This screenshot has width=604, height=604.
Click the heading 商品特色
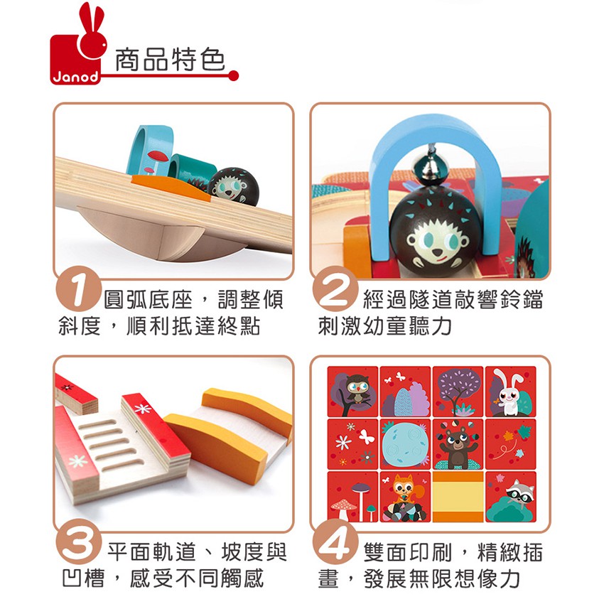coord(170,60)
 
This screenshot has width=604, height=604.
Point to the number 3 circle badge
coord(79,541)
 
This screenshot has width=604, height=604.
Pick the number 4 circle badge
coord(335,541)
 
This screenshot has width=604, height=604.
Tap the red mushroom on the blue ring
coord(157,156)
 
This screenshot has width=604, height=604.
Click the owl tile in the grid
coord(352,392)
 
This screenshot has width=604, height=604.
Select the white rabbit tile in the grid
coord(510,392)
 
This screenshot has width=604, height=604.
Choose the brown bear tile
coord(458,444)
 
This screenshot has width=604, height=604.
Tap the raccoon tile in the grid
coord(510,497)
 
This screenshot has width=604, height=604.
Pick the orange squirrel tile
coord(405,497)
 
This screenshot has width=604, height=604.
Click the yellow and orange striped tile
coord(458,497)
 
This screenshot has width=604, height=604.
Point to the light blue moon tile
coord(405,444)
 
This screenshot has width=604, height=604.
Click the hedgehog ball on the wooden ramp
coord(234,185)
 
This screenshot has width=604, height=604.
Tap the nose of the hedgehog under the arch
coord(436,252)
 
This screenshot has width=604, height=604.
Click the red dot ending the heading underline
coord(233,75)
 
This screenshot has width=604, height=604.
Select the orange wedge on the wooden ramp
coord(171,187)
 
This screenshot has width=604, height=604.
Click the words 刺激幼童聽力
coord(385,326)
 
